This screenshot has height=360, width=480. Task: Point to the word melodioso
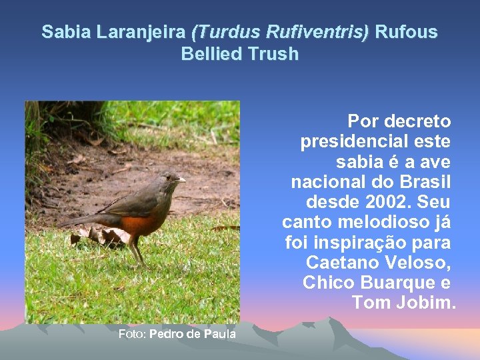click(x=393, y=221)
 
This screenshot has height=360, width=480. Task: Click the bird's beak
click(x=181, y=180)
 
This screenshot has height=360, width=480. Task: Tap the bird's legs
click(x=137, y=252)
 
